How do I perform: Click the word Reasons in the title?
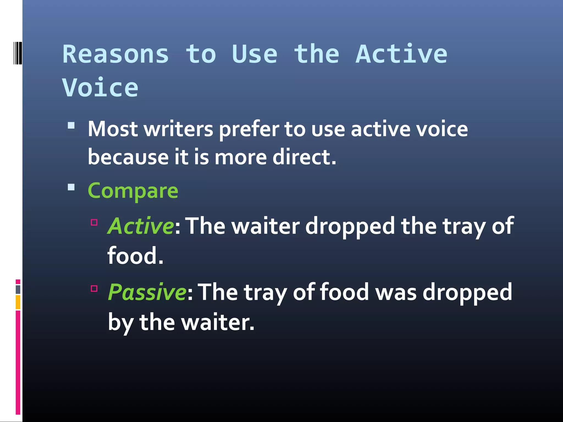pos(115,54)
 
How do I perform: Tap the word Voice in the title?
pos(100,88)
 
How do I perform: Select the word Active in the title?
pos(401,54)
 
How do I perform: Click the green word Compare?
pos(133,191)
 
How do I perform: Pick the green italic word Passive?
pos(147,292)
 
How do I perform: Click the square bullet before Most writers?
pos(71,126)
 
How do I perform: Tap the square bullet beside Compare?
pos(71,187)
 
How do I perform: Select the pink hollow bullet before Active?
pos(94,222)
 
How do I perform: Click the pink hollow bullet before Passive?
pos(94,288)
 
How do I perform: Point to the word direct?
pos(304,157)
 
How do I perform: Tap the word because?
pos(128,157)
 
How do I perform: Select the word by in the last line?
pos(120,323)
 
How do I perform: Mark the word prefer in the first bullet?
pos(249,129)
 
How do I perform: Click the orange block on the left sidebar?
pos(18,302)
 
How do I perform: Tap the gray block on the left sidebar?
pos(18,289)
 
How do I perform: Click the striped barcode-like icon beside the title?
pos(18,53)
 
